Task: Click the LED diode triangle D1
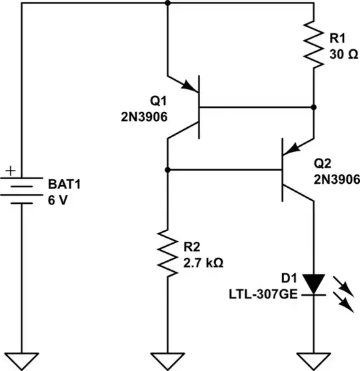click(x=313, y=284)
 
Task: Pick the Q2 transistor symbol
click(x=293, y=171)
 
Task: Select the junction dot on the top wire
click(x=167, y=3)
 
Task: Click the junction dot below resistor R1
click(x=313, y=107)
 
